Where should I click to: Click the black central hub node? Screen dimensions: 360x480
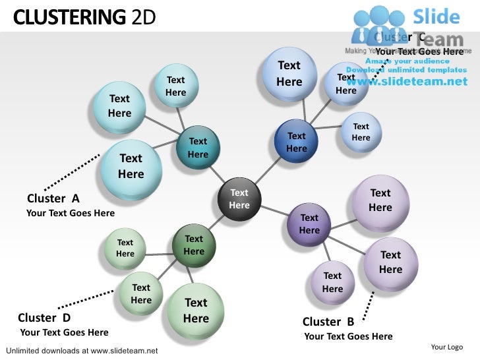239,198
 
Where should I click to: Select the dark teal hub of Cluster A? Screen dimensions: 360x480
198,147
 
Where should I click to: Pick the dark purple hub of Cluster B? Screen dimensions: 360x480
309,224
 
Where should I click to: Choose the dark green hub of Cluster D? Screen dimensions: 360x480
194,245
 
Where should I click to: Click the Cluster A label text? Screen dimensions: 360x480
53,198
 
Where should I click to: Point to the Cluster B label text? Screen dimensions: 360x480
328,322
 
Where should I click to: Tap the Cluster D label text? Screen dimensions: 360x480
44,317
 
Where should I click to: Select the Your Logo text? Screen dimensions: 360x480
446,347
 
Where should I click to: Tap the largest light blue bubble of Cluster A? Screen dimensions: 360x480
131,166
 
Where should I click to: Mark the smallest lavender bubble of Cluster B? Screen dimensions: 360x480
332,283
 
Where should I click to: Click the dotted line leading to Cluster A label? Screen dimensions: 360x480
71,173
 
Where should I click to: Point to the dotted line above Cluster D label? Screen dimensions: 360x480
88,299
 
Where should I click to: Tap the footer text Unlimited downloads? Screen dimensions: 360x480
81,350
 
